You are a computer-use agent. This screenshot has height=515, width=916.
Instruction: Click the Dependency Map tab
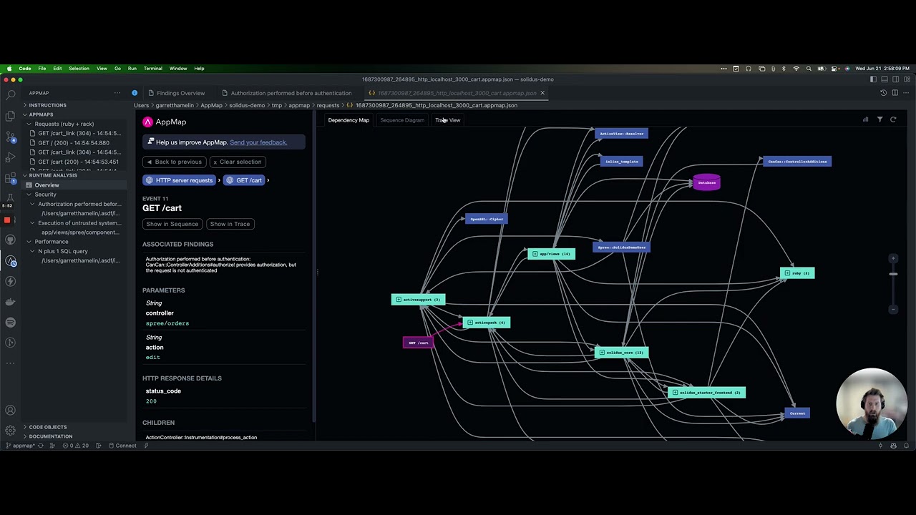pyautogui.click(x=349, y=120)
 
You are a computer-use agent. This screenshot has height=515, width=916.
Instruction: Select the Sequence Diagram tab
pyautogui.click(x=401, y=120)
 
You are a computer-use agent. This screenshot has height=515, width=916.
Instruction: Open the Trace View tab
pyautogui.click(x=448, y=120)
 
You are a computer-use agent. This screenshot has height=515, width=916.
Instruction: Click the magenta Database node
pyautogui.click(x=706, y=182)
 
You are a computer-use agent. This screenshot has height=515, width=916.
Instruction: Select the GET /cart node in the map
pyautogui.click(x=418, y=343)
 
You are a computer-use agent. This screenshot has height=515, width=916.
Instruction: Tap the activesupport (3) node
pyautogui.click(x=419, y=300)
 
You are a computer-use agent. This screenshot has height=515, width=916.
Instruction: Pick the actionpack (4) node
pyautogui.click(x=487, y=323)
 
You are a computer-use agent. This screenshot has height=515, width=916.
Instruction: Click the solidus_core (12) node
pyautogui.click(x=621, y=353)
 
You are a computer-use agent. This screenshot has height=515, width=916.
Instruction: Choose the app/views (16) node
pyautogui.click(x=551, y=254)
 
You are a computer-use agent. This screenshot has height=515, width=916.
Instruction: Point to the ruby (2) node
pyautogui.click(x=796, y=273)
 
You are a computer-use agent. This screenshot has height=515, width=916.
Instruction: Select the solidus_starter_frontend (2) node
pyautogui.click(x=706, y=393)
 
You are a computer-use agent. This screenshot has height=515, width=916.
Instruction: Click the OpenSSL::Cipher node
pyautogui.click(x=487, y=219)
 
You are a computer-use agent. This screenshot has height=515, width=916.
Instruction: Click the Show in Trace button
pyautogui.click(x=230, y=224)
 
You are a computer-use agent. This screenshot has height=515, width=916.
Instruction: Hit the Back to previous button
pyautogui.click(x=174, y=162)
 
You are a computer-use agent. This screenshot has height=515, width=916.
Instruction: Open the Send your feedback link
pyautogui.click(x=258, y=142)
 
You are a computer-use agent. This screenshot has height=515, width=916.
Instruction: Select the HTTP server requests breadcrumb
pyautogui.click(x=180, y=180)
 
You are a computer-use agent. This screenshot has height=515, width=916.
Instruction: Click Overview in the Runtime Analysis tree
pyautogui.click(x=47, y=185)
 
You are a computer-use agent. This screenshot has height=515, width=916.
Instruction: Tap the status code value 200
pyautogui.click(x=151, y=401)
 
